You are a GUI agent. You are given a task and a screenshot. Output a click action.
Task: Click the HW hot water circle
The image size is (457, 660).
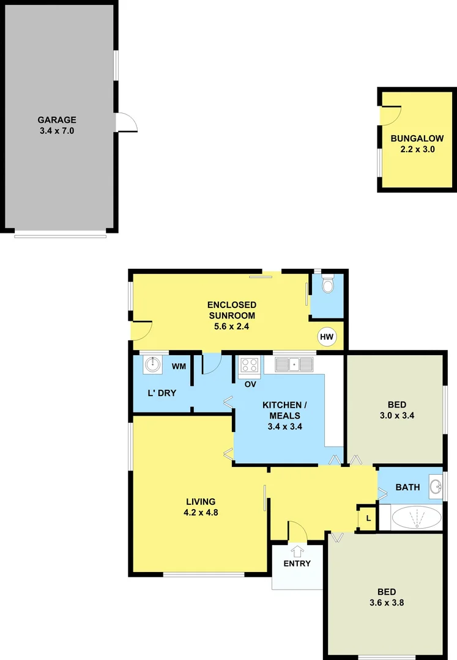327,336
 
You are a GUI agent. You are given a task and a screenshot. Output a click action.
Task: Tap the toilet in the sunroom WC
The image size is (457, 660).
327,284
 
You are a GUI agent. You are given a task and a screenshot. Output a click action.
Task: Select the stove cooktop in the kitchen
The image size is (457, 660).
250,365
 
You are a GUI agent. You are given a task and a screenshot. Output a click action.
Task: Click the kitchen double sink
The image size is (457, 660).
294,365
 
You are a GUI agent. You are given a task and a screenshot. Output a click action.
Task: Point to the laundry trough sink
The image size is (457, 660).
151,365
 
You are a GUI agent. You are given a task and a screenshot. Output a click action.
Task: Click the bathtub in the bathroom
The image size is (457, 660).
416,518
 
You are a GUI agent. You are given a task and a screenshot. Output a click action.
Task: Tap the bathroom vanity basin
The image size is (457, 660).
436,487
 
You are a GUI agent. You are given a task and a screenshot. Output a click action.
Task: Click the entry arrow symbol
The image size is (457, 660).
298,551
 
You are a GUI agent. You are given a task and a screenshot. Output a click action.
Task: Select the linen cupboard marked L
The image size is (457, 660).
367,518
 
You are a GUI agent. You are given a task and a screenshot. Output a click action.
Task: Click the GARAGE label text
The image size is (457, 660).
57,120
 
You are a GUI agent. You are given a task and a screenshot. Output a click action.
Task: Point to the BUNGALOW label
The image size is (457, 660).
417,139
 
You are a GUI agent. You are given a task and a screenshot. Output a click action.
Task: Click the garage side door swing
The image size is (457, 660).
126,122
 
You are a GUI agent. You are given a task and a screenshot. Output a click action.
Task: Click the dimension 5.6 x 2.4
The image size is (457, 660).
231,326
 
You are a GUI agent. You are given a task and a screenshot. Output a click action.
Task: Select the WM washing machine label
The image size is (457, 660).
179,367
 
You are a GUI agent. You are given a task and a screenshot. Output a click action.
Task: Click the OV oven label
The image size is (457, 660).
250,384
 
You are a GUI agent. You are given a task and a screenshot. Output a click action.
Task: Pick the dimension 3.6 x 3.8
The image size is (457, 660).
386,602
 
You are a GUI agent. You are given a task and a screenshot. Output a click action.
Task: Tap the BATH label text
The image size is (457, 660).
407,487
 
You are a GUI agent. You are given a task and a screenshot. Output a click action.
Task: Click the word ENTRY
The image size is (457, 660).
297,563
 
